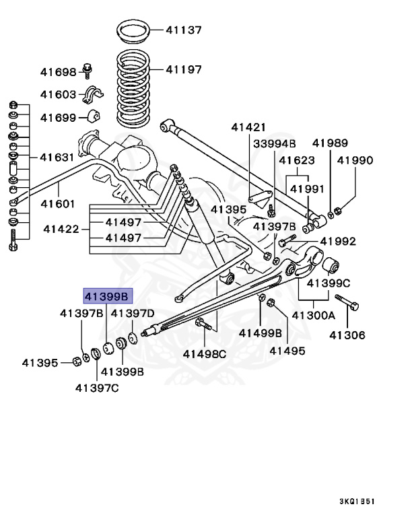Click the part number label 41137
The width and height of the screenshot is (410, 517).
pos(184,30)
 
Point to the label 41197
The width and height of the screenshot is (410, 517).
pos(184,69)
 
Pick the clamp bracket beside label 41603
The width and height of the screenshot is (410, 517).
pos(92,96)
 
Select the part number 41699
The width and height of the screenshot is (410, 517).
pos(59,117)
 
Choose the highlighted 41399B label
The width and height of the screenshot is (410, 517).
pos(108,296)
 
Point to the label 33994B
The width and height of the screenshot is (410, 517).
pos(274,143)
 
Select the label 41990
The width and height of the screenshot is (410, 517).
pos(355,161)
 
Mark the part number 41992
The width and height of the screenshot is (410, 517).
pos(338,241)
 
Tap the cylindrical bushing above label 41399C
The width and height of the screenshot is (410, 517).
pos(331,267)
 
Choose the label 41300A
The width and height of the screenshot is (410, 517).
pos(313,314)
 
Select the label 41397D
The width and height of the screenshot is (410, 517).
pos(133,313)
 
